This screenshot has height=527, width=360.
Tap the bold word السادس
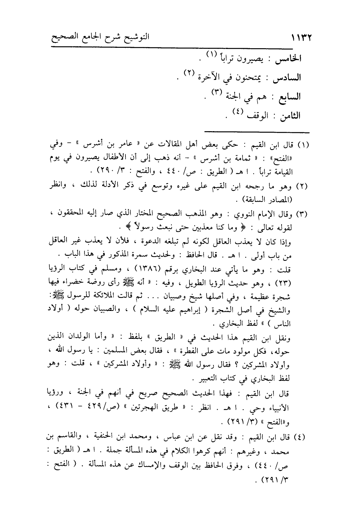click(x=287, y=78)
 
